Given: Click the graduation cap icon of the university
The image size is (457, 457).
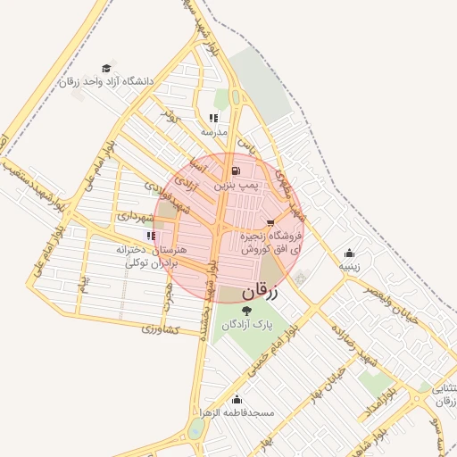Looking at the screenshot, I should (106, 68).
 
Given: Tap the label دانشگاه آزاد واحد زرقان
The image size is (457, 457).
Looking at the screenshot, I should (106, 81).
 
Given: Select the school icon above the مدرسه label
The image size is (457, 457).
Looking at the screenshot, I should (213, 118).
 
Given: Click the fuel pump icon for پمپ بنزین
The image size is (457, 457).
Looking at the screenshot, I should (235, 170).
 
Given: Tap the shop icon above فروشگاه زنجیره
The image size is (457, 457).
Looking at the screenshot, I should (271, 222).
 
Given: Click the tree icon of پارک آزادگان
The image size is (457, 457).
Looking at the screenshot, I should (246, 310).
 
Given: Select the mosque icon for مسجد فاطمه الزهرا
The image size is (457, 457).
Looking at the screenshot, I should (237, 399).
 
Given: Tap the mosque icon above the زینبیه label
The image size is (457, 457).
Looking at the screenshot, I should (348, 253).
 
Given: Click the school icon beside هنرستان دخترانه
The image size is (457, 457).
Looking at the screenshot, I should (151, 237).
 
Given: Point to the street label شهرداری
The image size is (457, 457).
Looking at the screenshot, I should (136, 216).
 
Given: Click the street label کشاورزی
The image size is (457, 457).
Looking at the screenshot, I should (161, 330).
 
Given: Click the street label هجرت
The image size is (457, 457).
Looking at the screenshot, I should (167, 295).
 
